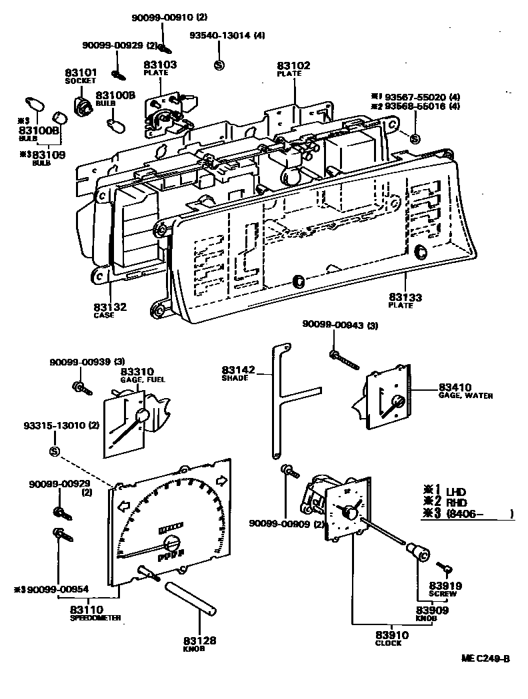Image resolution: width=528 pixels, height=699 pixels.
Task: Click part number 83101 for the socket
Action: point(81,72)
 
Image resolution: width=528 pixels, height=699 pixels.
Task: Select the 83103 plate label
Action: point(160,65)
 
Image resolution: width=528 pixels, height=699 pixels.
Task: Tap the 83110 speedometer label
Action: point(87,609)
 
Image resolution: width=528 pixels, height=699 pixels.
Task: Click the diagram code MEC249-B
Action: point(485,659)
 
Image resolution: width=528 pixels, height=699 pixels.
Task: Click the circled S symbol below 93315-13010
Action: point(54,452)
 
